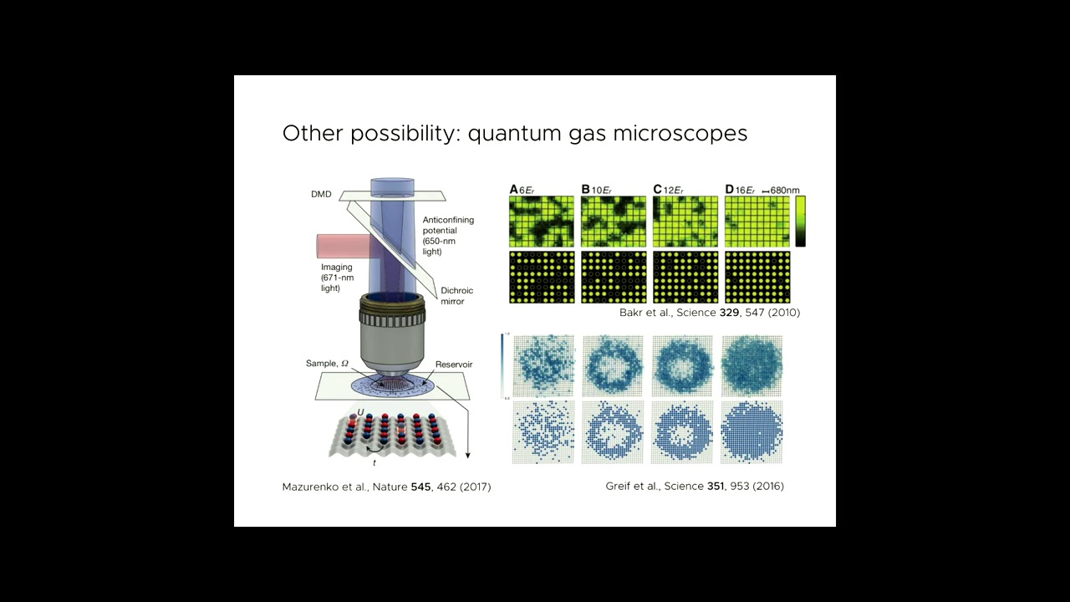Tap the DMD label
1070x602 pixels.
321,194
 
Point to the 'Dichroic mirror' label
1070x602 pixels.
456,296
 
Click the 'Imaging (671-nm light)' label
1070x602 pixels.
336,278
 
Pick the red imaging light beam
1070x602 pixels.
344,246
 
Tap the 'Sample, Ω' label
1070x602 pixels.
327,364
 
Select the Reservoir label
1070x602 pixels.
454,365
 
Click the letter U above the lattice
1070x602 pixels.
360,411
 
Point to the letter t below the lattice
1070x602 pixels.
374,463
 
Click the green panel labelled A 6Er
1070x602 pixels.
542,222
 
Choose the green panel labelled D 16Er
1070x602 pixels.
757,222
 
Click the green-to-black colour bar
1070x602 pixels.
800,222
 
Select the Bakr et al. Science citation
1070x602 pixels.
710,313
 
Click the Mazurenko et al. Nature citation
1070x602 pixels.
386,487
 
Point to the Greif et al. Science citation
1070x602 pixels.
695,486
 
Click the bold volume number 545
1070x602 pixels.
420,487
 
